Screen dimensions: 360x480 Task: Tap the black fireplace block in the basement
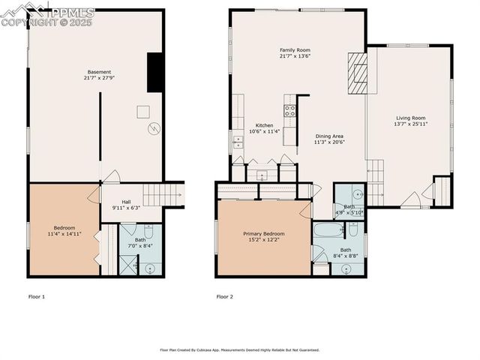click(x=155, y=73)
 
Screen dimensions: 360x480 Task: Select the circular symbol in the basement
click(x=154, y=128)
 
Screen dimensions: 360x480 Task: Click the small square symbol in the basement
click(x=142, y=112)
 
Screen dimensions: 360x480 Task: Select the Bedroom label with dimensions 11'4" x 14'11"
click(x=64, y=232)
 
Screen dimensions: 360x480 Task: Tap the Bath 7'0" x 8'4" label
click(x=140, y=243)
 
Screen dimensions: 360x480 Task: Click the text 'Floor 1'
click(x=36, y=297)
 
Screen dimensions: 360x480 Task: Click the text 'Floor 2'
click(x=224, y=297)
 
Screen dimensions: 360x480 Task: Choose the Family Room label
click(x=295, y=52)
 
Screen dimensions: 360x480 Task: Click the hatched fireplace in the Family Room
click(x=358, y=73)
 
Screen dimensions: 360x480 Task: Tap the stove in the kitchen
click(x=289, y=112)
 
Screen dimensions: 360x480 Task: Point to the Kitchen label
click(x=264, y=128)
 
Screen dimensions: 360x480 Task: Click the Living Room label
click(x=410, y=121)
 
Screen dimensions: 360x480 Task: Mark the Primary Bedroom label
click(x=263, y=237)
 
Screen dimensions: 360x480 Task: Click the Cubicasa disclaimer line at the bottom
click(x=239, y=349)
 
